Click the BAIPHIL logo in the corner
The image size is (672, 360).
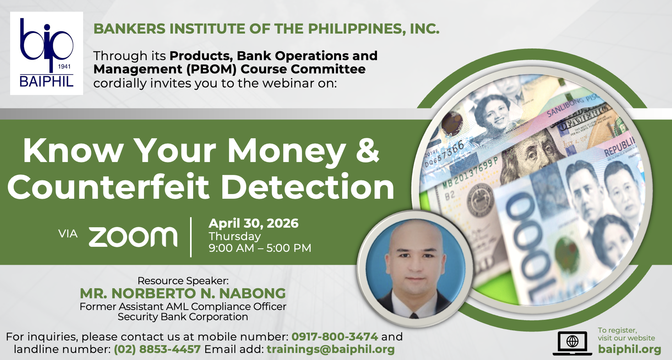(46, 53)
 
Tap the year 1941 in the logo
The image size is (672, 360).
(64, 66)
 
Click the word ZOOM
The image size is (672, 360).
(133, 237)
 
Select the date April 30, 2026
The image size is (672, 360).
(254, 223)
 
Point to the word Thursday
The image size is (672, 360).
(235, 236)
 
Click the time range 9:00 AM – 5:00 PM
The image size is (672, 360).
(260, 248)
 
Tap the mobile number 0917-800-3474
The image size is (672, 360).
(335, 337)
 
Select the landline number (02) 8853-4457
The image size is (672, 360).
(157, 349)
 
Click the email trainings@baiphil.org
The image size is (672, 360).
(331, 349)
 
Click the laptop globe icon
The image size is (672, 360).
(572, 343)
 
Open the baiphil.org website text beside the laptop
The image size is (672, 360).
(629, 349)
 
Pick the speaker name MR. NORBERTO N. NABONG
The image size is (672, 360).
(183, 293)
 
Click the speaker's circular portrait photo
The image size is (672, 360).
(415, 269)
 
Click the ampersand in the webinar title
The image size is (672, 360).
(367, 150)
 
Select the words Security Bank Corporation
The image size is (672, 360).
(183, 317)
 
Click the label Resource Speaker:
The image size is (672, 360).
(183, 281)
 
